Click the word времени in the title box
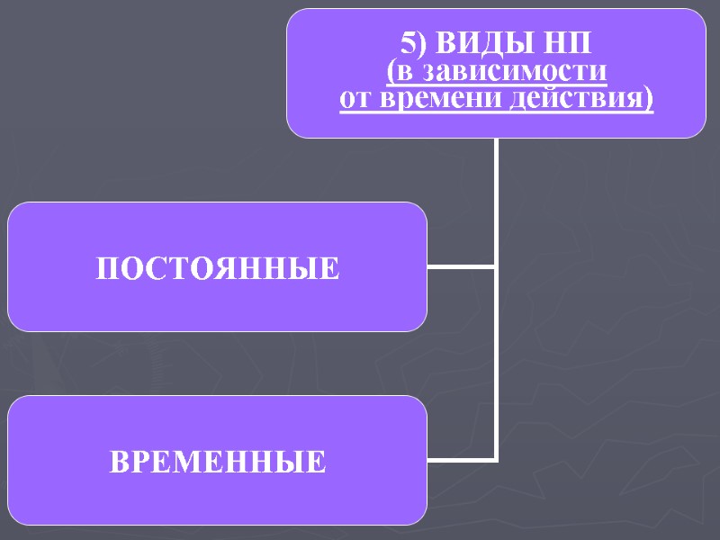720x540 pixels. pos(435,97)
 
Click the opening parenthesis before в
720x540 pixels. pos(390,71)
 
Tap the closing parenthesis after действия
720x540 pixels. pos(648,98)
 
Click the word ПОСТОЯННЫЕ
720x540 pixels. pos(218,268)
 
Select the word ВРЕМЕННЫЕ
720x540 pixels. pos(218,463)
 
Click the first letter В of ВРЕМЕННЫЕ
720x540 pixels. pos(120,463)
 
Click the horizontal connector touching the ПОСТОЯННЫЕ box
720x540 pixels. pos(460,267)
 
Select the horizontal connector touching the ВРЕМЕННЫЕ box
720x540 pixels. pos(460,460)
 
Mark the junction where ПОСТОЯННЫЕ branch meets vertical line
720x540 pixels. pos(496,267)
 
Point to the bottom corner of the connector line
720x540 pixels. pos(496,460)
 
